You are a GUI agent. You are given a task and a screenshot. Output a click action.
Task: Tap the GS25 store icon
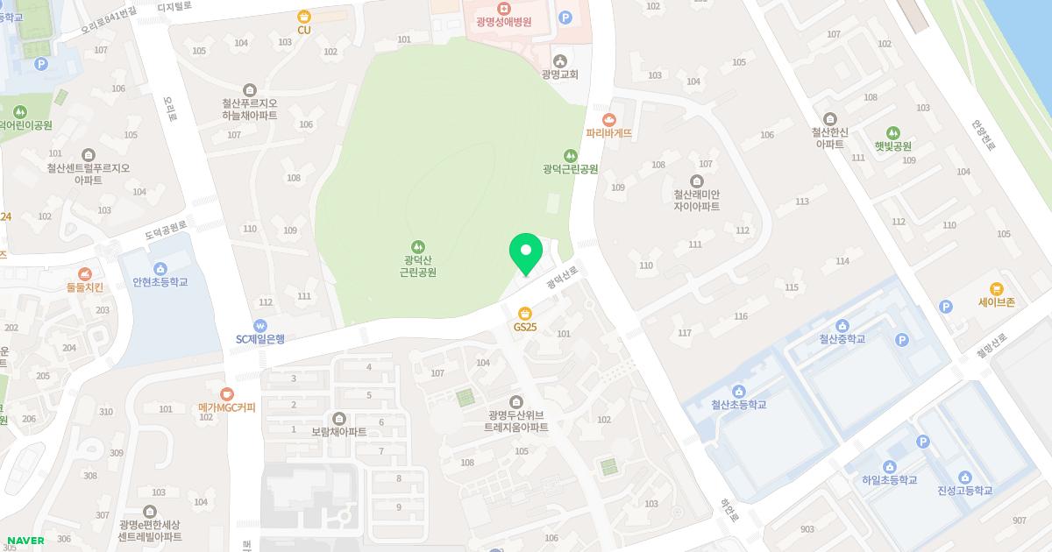(x=525, y=313)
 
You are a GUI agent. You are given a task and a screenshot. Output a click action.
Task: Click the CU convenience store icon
(x=304, y=17)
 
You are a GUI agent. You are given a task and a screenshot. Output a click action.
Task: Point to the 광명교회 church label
(x=560, y=74)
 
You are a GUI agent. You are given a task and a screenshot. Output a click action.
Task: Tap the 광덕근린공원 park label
(x=570, y=168)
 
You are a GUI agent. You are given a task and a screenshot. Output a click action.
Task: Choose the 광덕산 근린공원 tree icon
(x=418, y=246)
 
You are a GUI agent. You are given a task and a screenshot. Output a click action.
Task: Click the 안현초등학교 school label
(x=160, y=282)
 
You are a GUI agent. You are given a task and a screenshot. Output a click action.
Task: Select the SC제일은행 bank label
(x=260, y=339)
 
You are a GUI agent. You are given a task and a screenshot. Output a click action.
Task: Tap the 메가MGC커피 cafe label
(x=227, y=407)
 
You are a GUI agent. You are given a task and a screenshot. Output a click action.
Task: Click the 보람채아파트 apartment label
(x=339, y=432)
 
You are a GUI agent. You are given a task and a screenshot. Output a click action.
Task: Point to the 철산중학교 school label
(x=842, y=338)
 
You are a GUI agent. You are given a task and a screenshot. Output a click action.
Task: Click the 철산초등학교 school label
(x=738, y=405)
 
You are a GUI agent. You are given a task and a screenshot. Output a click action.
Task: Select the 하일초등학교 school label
(x=889, y=480)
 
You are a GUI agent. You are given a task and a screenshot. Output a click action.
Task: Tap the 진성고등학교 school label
(x=964, y=490)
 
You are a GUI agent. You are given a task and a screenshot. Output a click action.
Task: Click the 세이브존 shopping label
(x=996, y=301)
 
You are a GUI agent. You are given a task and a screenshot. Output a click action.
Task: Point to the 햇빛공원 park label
(x=892, y=146)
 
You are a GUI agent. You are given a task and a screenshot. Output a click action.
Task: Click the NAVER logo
(x=25, y=541)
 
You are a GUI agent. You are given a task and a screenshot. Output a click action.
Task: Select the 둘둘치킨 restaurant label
(x=85, y=287)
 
